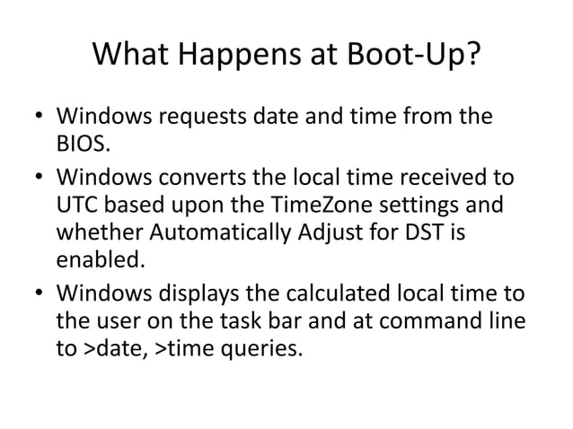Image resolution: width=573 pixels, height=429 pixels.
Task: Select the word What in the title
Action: click(x=134, y=59)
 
